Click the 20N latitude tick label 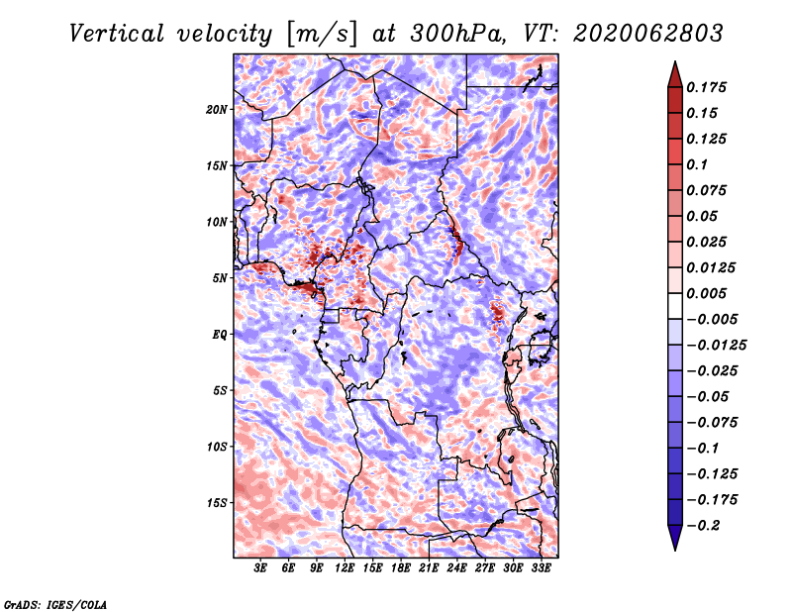[x=217, y=110]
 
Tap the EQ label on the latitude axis [x=220, y=335]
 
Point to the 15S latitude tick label [x=217, y=503]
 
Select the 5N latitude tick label [x=220, y=278]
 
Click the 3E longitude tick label [x=260, y=568]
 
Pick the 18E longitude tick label [x=401, y=568]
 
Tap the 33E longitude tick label [x=541, y=568]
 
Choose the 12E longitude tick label [x=345, y=568]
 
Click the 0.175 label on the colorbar [x=706, y=87]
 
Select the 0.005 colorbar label [x=706, y=293]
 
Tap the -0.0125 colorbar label [x=716, y=346]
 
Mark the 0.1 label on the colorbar [x=697, y=164]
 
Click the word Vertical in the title [x=116, y=34]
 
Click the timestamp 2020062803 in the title [x=648, y=34]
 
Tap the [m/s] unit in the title [x=321, y=34]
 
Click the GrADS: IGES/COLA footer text [x=55, y=604]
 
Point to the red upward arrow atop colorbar [x=675, y=74]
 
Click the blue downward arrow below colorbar [x=675, y=538]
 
